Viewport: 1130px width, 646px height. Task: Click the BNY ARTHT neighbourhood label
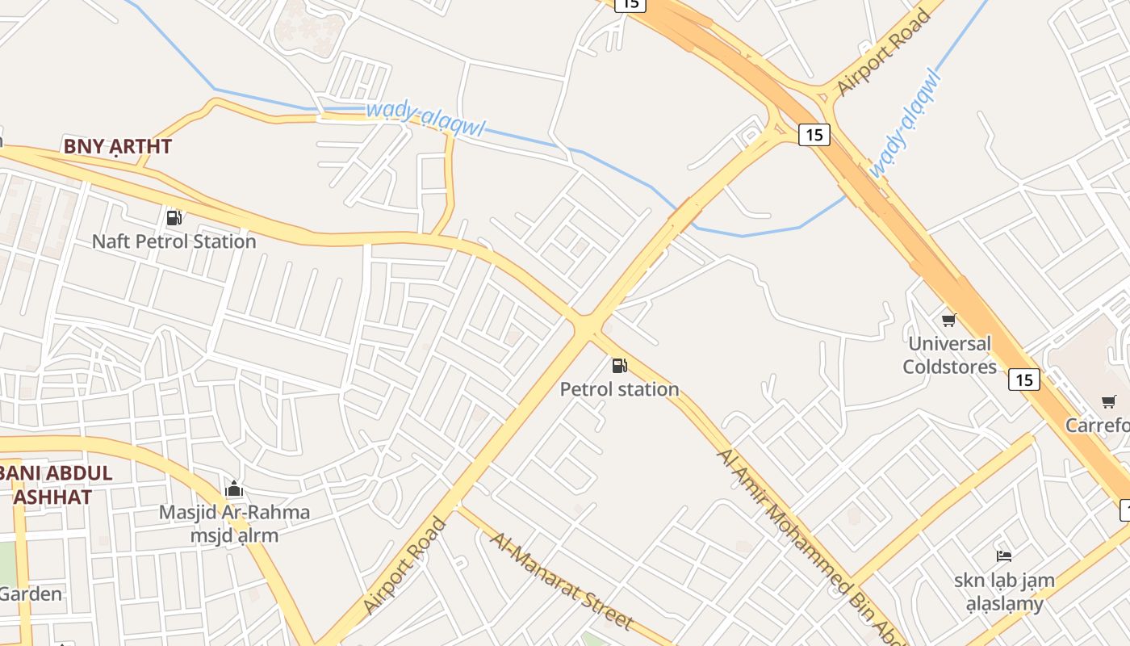pyautogui.click(x=118, y=147)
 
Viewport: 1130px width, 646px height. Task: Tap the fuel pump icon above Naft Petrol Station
pyautogui.click(x=174, y=217)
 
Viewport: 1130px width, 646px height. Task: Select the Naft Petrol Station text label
pyautogui.click(x=174, y=241)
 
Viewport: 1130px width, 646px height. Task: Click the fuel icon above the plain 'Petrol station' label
pyautogui.click(x=619, y=366)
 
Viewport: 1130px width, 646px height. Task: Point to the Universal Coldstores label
pyautogui.click(x=949, y=355)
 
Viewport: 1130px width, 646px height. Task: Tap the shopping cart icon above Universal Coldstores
pyautogui.click(x=948, y=320)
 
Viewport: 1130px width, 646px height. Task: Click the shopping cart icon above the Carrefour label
pyautogui.click(x=1109, y=401)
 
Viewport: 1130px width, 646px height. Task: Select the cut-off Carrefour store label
pyautogui.click(x=1097, y=425)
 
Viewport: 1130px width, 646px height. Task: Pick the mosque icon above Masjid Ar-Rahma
pyautogui.click(x=234, y=489)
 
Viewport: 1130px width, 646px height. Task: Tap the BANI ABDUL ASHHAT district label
pyautogui.click(x=56, y=484)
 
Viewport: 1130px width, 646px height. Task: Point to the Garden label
pyautogui.click(x=31, y=594)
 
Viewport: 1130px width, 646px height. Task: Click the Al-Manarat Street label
pyautogui.click(x=561, y=580)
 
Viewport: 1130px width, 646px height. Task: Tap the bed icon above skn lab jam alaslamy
pyautogui.click(x=1004, y=556)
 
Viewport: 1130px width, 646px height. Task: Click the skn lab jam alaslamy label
pyautogui.click(x=1004, y=591)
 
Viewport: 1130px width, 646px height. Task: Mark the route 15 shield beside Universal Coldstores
pyautogui.click(x=1023, y=379)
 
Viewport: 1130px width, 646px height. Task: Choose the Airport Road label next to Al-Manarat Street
pyautogui.click(x=404, y=565)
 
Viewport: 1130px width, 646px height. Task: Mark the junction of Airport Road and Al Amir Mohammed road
pyautogui.click(x=587, y=326)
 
